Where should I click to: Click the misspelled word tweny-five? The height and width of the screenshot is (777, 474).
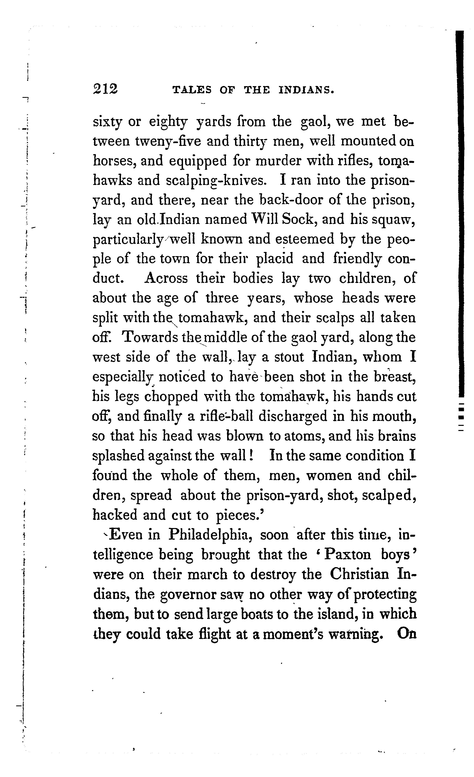click(x=168, y=142)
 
